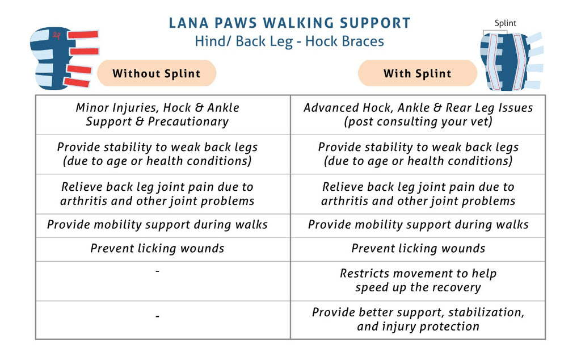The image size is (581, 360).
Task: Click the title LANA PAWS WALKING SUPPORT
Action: click(x=289, y=23)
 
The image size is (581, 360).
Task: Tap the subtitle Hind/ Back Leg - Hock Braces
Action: click(x=289, y=41)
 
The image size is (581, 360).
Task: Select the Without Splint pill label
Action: click(x=157, y=73)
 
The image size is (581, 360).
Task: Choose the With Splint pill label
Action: click(x=417, y=73)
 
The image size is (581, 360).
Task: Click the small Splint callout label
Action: click(x=505, y=23)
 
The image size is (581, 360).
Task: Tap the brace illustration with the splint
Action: click(x=511, y=61)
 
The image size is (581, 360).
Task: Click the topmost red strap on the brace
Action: click(x=83, y=35)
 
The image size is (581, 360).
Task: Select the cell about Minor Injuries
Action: click(x=157, y=115)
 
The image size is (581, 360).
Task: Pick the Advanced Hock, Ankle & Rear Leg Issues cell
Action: click(x=418, y=115)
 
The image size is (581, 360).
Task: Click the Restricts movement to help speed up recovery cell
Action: click(x=418, y=281)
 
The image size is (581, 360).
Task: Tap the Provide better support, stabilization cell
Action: click(x=418, y=319)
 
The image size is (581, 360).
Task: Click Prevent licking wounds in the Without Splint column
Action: click(x=157, y=248)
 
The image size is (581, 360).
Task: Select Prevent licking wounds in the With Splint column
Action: click(x=418, y=248)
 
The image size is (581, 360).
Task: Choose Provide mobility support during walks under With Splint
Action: click(x=418, y=225)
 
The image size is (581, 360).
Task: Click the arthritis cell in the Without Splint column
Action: click(x=157, y=194)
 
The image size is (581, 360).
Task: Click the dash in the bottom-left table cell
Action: click(x=158, y=317)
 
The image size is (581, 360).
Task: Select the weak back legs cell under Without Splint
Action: click(x=157, y=154)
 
